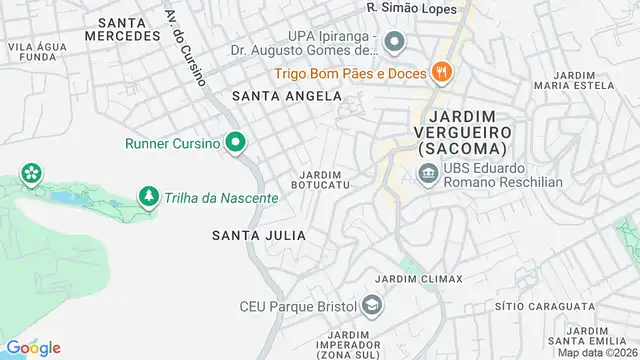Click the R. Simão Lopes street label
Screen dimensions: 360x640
click(413, 8)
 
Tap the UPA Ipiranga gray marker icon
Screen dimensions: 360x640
click(394, 41)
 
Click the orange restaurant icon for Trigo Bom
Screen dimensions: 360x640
click(440, 71)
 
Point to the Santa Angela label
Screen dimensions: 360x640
click(286, 96)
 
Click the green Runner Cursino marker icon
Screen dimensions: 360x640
click(235, 143)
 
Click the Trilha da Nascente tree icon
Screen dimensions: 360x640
click(149, 197)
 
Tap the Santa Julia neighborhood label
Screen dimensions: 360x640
click(258, 235)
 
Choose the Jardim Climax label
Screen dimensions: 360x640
click(418, 278)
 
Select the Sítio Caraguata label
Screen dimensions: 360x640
click(545, 305)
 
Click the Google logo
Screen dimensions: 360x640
click(33, 347)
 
